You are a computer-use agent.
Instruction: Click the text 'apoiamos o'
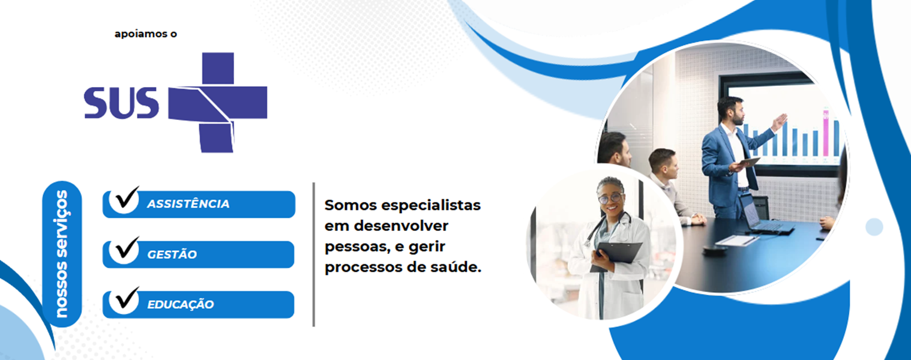146,34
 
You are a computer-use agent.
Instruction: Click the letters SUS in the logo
121,103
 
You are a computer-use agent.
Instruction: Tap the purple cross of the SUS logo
218,103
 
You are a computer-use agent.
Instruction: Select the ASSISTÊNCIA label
188,204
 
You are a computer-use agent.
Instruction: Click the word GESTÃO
172,254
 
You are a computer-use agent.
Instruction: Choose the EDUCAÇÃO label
181,305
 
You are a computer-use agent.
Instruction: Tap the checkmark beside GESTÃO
127,248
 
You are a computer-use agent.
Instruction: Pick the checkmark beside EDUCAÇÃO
127,298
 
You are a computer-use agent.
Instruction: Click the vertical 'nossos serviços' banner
62,254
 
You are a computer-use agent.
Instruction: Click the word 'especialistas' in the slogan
431,205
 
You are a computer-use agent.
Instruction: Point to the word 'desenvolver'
401,226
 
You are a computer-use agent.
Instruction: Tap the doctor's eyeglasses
610,199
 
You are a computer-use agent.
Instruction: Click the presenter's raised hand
779,122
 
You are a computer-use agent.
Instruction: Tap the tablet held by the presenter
748,163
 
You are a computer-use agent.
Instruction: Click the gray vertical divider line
313,254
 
